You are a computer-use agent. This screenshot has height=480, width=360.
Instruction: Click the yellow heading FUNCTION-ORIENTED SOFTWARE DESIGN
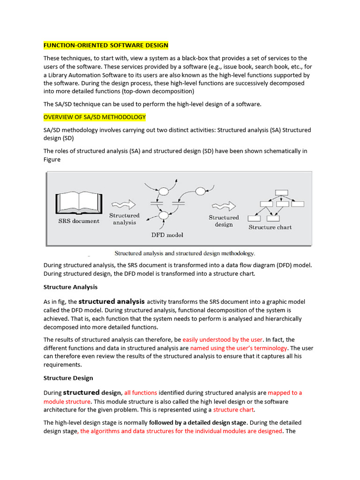pos(105,45)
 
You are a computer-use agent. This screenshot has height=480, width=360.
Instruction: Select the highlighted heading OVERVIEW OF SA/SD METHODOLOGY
pos(95,117)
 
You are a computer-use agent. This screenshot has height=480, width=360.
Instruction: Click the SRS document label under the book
pos(78,221)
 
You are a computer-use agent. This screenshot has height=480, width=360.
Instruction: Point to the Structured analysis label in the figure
pos(124,219)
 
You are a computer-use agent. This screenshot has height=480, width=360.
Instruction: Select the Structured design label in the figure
pos(224,221)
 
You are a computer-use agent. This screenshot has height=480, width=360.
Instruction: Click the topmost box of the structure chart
pos(281,192)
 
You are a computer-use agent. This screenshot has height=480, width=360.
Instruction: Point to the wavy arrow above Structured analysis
pos(123,205)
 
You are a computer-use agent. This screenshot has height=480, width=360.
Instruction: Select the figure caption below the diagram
pos(185,253)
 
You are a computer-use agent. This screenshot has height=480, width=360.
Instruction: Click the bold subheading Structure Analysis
pos(70,287)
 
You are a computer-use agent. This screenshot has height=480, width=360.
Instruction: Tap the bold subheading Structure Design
pos(68,378)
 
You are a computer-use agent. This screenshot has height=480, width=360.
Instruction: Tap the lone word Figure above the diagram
pos(52,159)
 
